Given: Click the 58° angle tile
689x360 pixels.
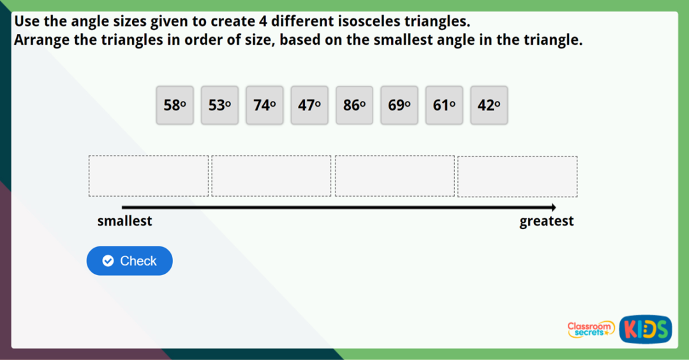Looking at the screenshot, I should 175,105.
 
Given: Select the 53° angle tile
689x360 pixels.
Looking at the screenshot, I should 219,105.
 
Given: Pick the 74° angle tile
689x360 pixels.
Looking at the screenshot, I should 265,105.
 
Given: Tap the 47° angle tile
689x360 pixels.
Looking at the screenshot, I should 309,105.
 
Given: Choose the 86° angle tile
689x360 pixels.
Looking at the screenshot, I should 355,105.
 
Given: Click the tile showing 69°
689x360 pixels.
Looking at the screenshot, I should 399,105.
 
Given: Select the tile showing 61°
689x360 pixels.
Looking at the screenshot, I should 444,105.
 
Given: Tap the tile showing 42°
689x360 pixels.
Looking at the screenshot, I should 489,105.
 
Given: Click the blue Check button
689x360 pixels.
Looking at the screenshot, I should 130,260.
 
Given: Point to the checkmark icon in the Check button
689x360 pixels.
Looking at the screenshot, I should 108,260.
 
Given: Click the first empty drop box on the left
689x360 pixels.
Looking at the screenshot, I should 149,176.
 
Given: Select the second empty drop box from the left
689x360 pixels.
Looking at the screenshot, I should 272,176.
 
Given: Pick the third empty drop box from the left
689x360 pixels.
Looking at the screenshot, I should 395,176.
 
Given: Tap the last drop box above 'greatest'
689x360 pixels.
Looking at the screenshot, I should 517,176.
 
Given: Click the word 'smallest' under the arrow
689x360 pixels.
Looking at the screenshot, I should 124,221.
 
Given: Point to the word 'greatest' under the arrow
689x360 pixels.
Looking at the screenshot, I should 547,221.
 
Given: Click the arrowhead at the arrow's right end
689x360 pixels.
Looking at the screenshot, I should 553,207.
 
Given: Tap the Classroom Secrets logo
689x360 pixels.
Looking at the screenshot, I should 591,329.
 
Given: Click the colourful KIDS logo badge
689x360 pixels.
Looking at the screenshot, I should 645,329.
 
